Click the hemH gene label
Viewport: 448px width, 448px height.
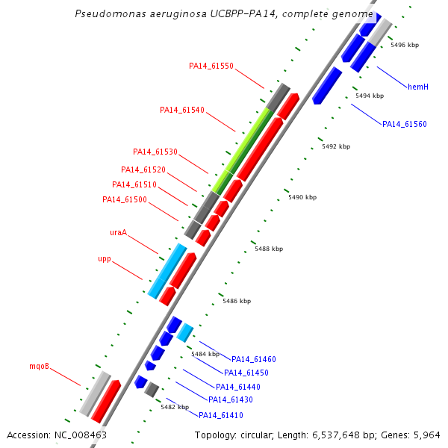[x=418, y=87]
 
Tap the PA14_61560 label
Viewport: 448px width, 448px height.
[x=404, y=124]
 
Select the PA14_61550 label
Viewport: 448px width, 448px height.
[x=211, y=66]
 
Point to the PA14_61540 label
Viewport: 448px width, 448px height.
[x=182, y=110]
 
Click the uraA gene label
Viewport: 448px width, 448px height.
[x=118, y=232]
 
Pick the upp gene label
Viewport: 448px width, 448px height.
[x=105, y=259]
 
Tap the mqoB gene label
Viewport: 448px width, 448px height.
[x=39, y=366]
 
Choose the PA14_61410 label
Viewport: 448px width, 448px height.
[x=221, y=415]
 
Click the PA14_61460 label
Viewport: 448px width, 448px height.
[x=254, y=359]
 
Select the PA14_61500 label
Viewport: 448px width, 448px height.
[x=125, y=199]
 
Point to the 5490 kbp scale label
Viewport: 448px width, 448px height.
[x=302, y=197]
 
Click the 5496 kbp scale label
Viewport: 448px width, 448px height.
[x=405, y=45]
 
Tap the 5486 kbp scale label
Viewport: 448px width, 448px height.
[x=237, y=301]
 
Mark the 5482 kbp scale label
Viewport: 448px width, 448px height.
[x=175, y=407]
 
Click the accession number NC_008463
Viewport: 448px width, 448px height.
[x=81, y=435]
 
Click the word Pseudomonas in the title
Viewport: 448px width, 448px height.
[x=111, y=13]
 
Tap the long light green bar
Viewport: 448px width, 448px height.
[x=241, y=150]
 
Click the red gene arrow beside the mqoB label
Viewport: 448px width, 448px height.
[x=106, y=402]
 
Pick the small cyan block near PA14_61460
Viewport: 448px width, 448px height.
[x=185, y=333]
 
